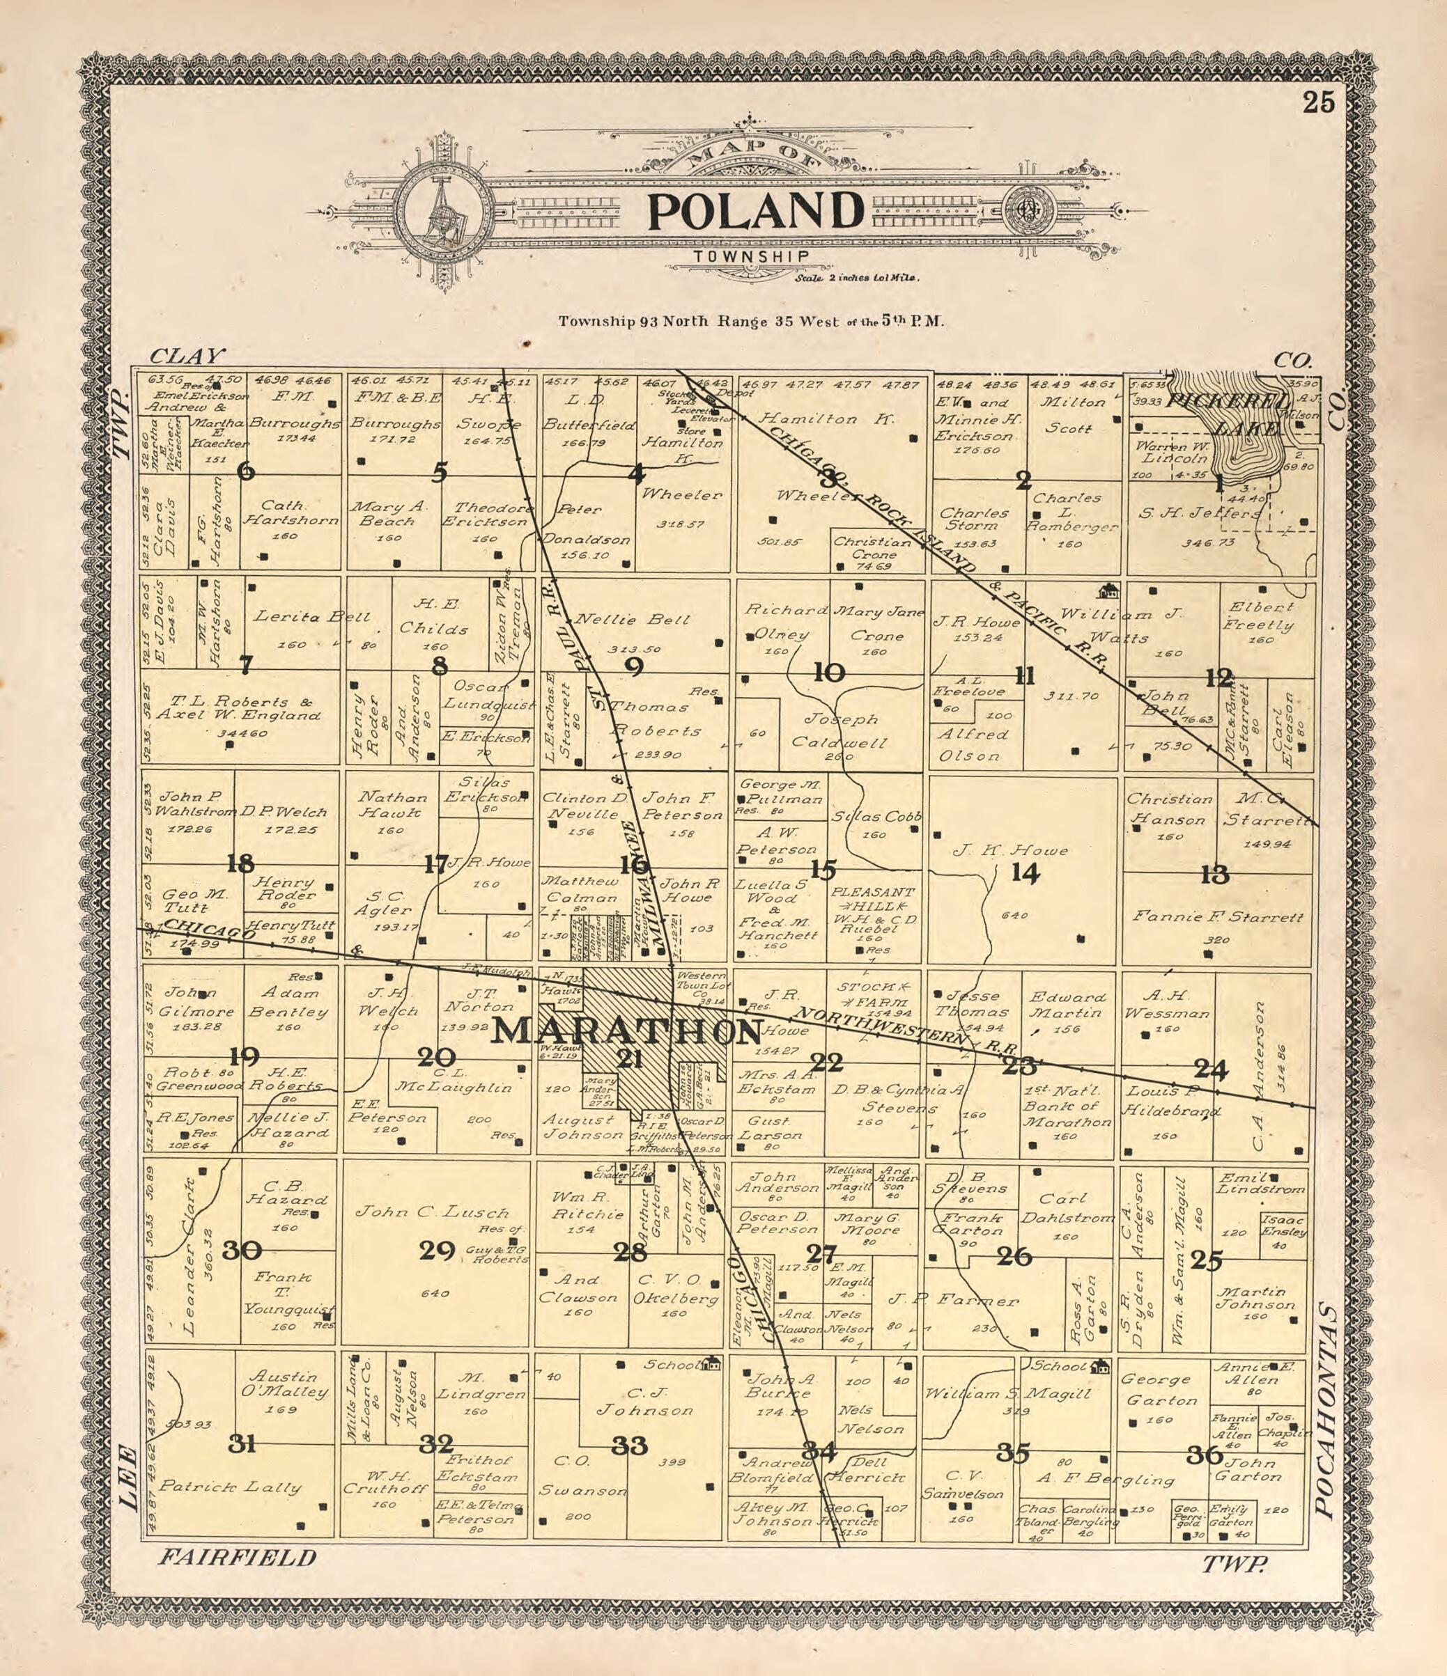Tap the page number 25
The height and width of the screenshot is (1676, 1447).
pyautogui.click(x=1318, y=104)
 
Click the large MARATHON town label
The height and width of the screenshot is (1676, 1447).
pyautogui.click(x=627, y=1031)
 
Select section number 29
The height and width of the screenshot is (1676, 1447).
pyautogui.click(x=437, y=1251)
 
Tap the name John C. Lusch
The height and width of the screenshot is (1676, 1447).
pyautogui.click(x=433, y=1212)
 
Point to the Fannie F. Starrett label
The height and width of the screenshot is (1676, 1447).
pyautogui.click(x=1217, y=916)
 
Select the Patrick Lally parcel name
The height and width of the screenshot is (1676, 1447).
pyautogui.click(x=230, y=1487)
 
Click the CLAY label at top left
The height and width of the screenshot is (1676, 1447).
pyautogui.click(x=186, y=356)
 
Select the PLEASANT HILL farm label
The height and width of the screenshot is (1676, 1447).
pyautogui.click(x=872, y=899)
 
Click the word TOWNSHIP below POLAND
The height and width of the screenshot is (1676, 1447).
pyautogui.click(x=750, y=256)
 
